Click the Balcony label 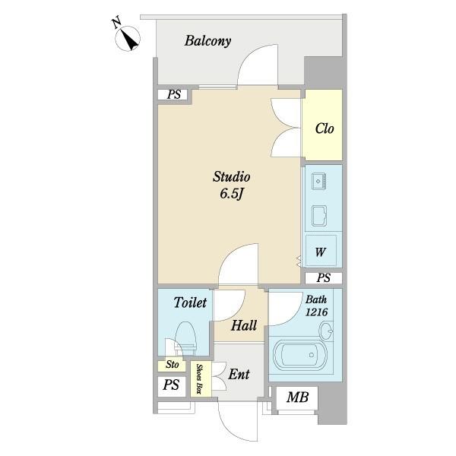[x=208, y=41]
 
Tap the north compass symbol [x=128, y=38]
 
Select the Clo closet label [x=325, y=128]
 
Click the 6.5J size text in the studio [x=231, y=194]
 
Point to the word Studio [x=232, y=176]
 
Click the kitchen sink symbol [x=318, y=181]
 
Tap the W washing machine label [x=320, y=252]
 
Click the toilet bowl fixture [x=185, y=338]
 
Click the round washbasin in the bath [x=326, y=331]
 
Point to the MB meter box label [x=297, y=397]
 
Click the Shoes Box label [x=199, y=378]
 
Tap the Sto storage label [x=172, y=364]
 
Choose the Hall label [x=244, y=325]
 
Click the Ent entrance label [x=239, y=374]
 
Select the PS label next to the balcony [x=173, y=94]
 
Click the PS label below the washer [x=324, y=278]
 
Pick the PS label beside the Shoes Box [x=171, y=385]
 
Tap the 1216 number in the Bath [x=316, y=312]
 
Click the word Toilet [x=190, y=302]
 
